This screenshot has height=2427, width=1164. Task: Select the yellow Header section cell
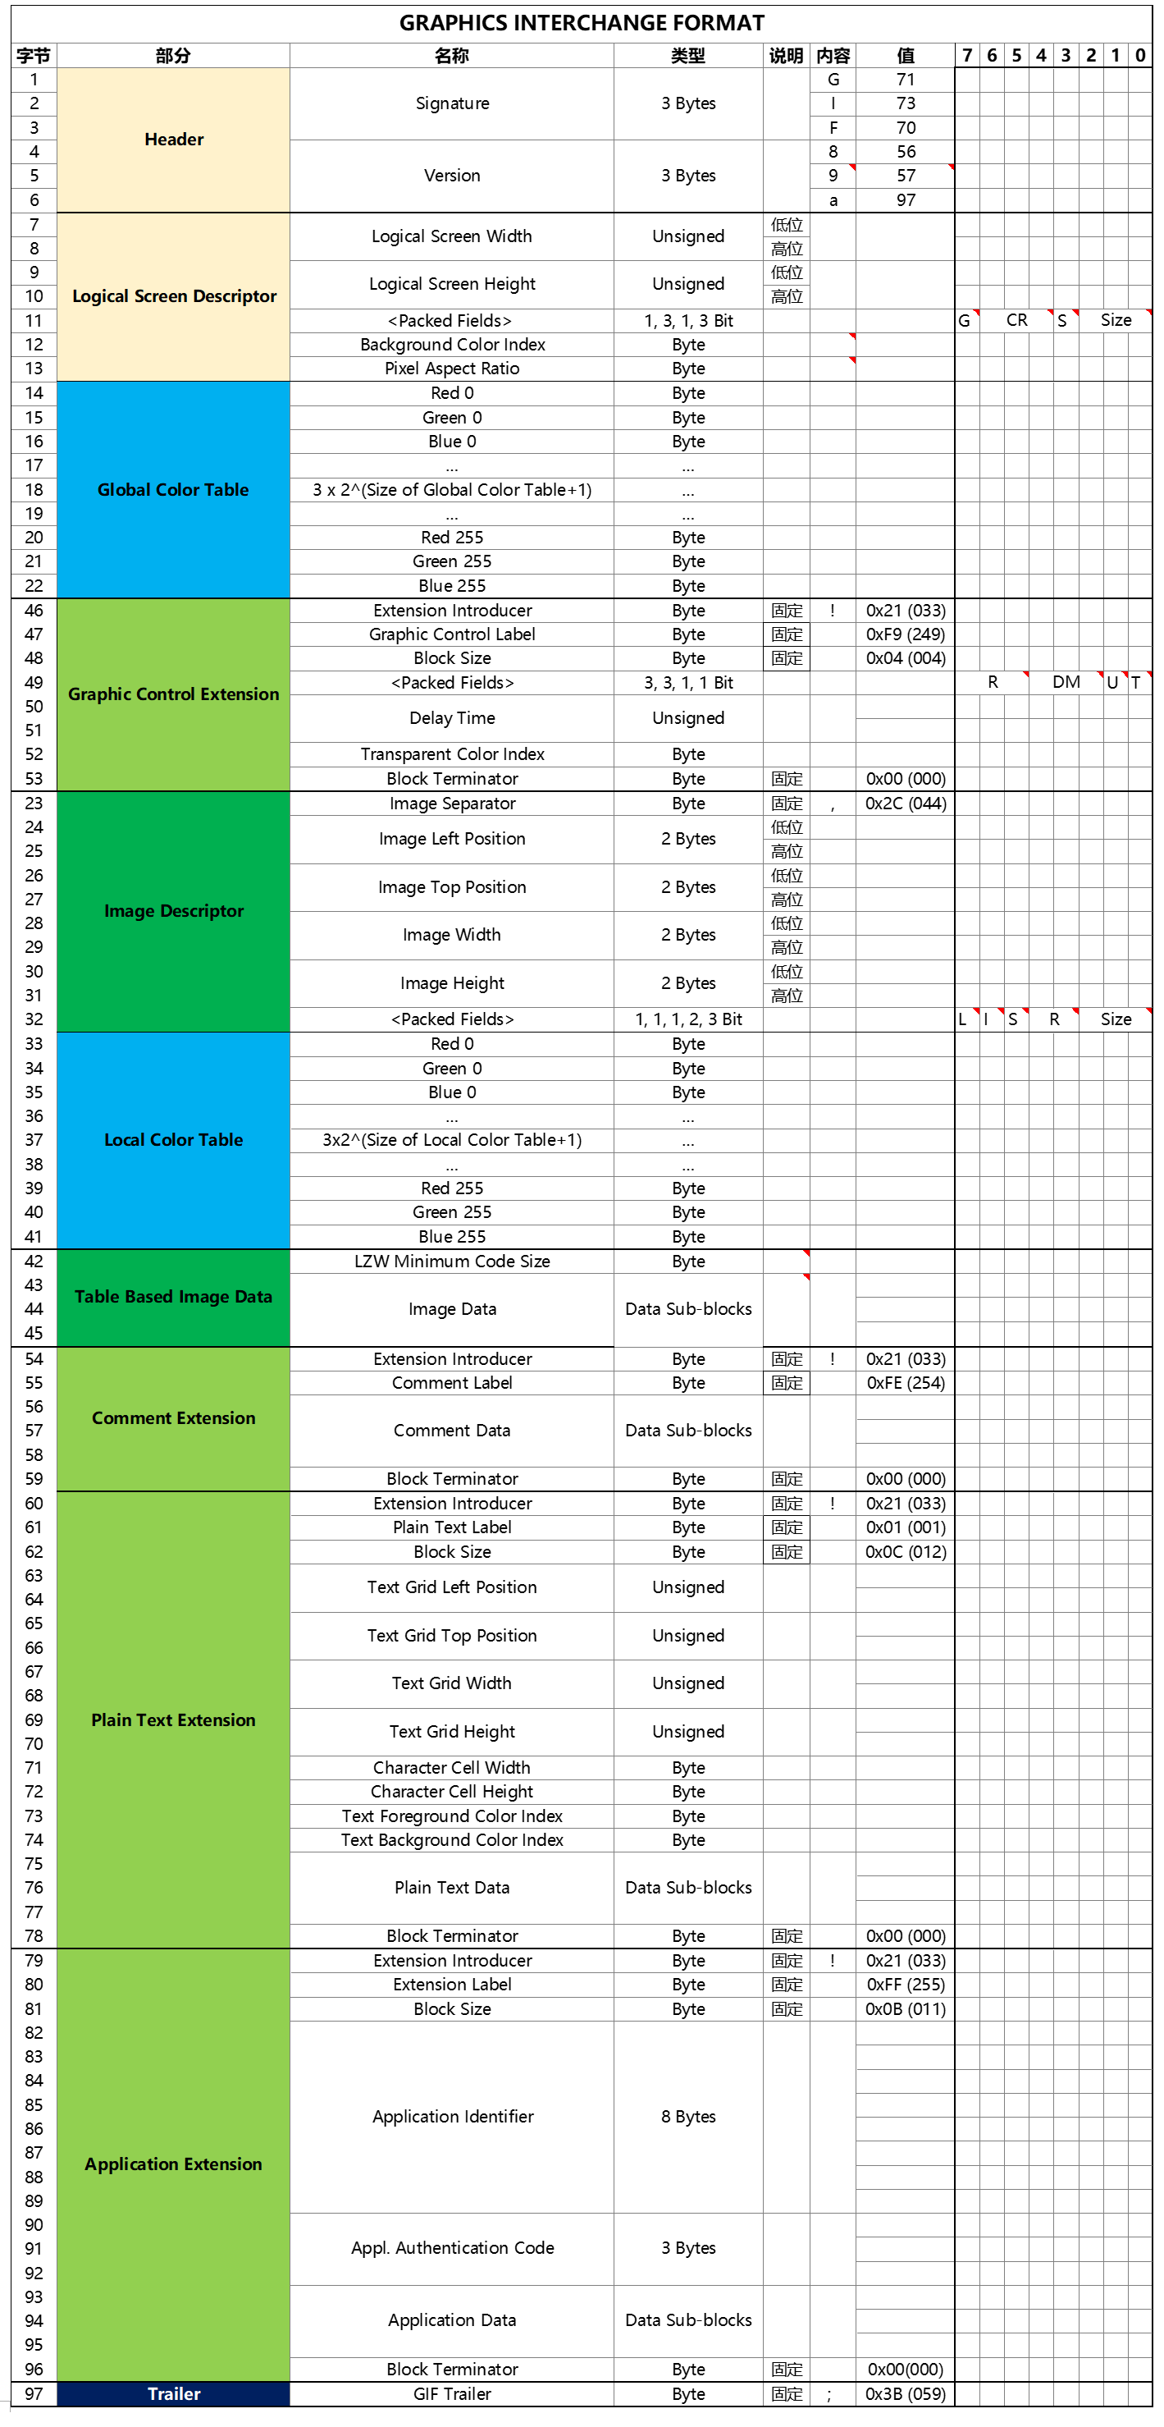pyautogui.click(x=173, y=140)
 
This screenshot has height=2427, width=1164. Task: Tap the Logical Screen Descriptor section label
pyautogui.click(x=173, y=295)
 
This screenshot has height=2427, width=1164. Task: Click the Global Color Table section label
pyautogui.click(x=173, y=489)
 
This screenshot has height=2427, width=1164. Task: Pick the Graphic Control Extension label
pyautogui.click(x=173, y=694)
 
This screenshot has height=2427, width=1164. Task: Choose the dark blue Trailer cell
pyautogui.click(x=173, y=2394)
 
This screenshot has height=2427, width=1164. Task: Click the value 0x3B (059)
pyautogui.click(x=905, y=2394)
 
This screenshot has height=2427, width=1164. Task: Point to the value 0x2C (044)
pyautogui.click(x=905, y=804)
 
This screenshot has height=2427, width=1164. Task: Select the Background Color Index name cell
pyautogui.click(x=452, y=345)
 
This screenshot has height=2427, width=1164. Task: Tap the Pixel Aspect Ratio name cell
pyautogui.click(x=452, y=369)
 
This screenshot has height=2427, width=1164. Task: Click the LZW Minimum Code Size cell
pyautogui.click(x=452, y=1262)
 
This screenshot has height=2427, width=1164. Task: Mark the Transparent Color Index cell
pyautogui.click(x=452, y=754)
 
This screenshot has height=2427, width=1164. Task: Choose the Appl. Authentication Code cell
pyautogui.click(x=452, y=2248)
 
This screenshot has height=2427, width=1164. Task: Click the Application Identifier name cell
pyautogui.click(x=452, y=2117)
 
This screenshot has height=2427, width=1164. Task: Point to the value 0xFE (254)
pyautogui.click(x=905, y=1383)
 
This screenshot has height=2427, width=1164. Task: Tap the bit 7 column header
pyautogui.click(x=967, y=56)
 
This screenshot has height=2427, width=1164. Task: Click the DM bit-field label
pyautogui.click(x=1066, y=682)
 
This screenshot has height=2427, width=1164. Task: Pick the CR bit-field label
pyautogui.click(x=1016, y=320)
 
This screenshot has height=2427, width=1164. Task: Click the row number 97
pyautogui.click(x=34, y=2394)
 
